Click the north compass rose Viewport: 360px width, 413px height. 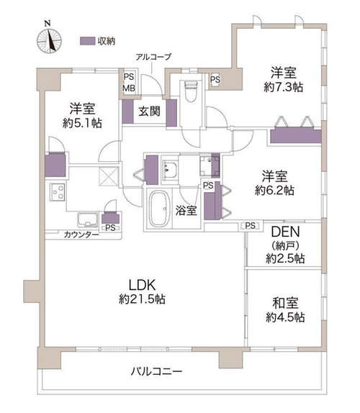point(49,41)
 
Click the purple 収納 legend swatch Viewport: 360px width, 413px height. point(87,41)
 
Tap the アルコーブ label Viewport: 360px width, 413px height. point(153,57)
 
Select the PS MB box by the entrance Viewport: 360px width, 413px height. point(129,83)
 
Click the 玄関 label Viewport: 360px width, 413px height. point(150,111)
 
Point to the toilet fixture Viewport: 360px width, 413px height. point(192,91)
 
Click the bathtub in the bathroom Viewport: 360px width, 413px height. point(158,209)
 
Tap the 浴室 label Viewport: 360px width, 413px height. point(186,210)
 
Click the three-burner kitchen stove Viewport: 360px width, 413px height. point(58,192)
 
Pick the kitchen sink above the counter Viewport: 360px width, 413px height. point(88,219)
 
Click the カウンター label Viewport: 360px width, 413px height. point(81,235)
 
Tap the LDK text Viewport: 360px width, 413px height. point(142,285)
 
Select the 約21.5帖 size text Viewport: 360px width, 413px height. point(142,299)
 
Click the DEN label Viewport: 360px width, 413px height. point(285,232)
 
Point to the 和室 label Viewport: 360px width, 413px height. point(285,303)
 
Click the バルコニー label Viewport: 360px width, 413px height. point(156,372)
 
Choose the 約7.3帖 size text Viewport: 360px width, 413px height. point(284,87)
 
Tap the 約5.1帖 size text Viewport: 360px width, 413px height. point(82,123)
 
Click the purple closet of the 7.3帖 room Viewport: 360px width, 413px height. point(296,136)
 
